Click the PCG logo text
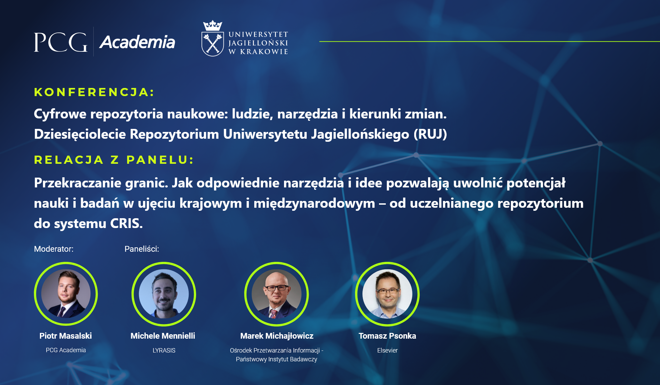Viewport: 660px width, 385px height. point(61,42)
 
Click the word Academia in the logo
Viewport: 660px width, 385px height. point(137,42)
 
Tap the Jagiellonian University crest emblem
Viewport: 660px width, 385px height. point(212,38)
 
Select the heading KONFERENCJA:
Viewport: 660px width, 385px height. point(94,92)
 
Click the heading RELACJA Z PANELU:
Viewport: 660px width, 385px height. point(114,160)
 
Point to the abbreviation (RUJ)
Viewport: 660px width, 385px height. point(430,134)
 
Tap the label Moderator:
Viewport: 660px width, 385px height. point(54,249)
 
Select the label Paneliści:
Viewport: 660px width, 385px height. point(142,249)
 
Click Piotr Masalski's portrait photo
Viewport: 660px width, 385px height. point(66,294)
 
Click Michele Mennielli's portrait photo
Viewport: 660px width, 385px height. point(164,294)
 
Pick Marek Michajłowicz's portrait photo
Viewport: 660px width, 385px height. point(277,294)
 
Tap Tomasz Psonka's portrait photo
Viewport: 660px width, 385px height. point(387,294)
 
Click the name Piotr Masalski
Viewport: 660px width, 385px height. point(66,336)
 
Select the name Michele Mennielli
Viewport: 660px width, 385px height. point(163,336)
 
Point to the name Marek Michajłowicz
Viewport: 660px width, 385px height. point(277,336)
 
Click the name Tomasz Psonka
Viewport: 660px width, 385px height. point(387,336)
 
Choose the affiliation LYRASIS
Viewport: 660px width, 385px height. point(164,350)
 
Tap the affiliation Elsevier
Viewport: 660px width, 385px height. point(387,350)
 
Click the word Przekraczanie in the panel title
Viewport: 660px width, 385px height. point(78,183)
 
